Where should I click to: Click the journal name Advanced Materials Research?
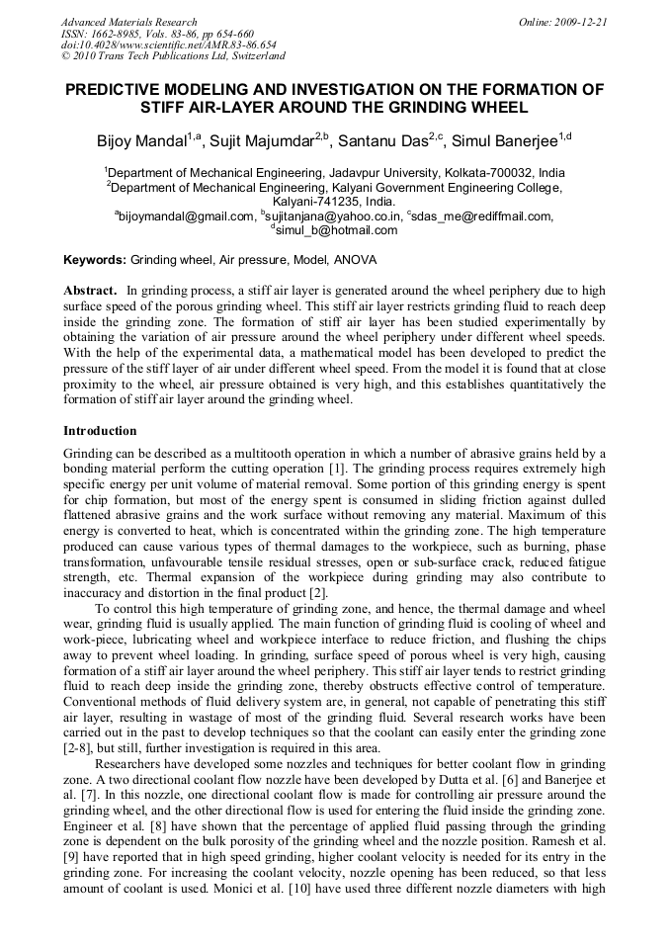point(128,22)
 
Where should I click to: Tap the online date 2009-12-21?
point(579,22)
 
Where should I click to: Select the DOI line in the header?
point(169,44)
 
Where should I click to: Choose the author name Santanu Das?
point(391,141)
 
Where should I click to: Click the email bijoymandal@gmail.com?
point(187,216)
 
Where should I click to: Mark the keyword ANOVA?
point(355,260)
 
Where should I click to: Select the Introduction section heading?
point(100,431)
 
